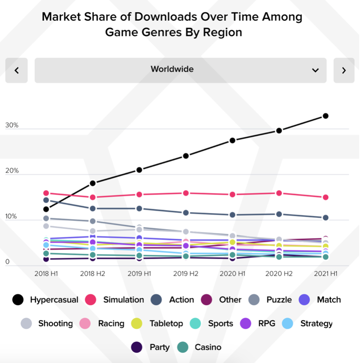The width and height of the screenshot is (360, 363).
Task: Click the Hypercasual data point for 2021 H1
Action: pos(326,116)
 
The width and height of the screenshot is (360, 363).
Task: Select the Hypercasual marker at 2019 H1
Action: pos(139,170)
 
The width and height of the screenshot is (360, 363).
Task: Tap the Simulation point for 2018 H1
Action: pos(46,193)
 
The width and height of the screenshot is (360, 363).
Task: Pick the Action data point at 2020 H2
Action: pos(279,214)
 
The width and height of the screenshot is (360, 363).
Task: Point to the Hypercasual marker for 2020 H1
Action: pos(232,141)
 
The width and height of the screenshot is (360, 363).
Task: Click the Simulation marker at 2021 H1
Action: pos(326,197)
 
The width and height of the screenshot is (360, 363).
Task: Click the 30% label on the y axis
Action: pos(12,126)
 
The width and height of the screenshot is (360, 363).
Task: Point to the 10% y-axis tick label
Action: pos(11,217)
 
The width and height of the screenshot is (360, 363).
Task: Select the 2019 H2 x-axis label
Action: pos(186,273)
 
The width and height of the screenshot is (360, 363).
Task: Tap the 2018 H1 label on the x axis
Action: pos(46,273)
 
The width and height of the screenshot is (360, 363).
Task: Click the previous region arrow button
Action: pos(17,71)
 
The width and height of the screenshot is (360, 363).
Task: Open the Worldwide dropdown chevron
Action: pos(315,71)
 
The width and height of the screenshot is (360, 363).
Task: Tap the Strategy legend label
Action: pos(316,323)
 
